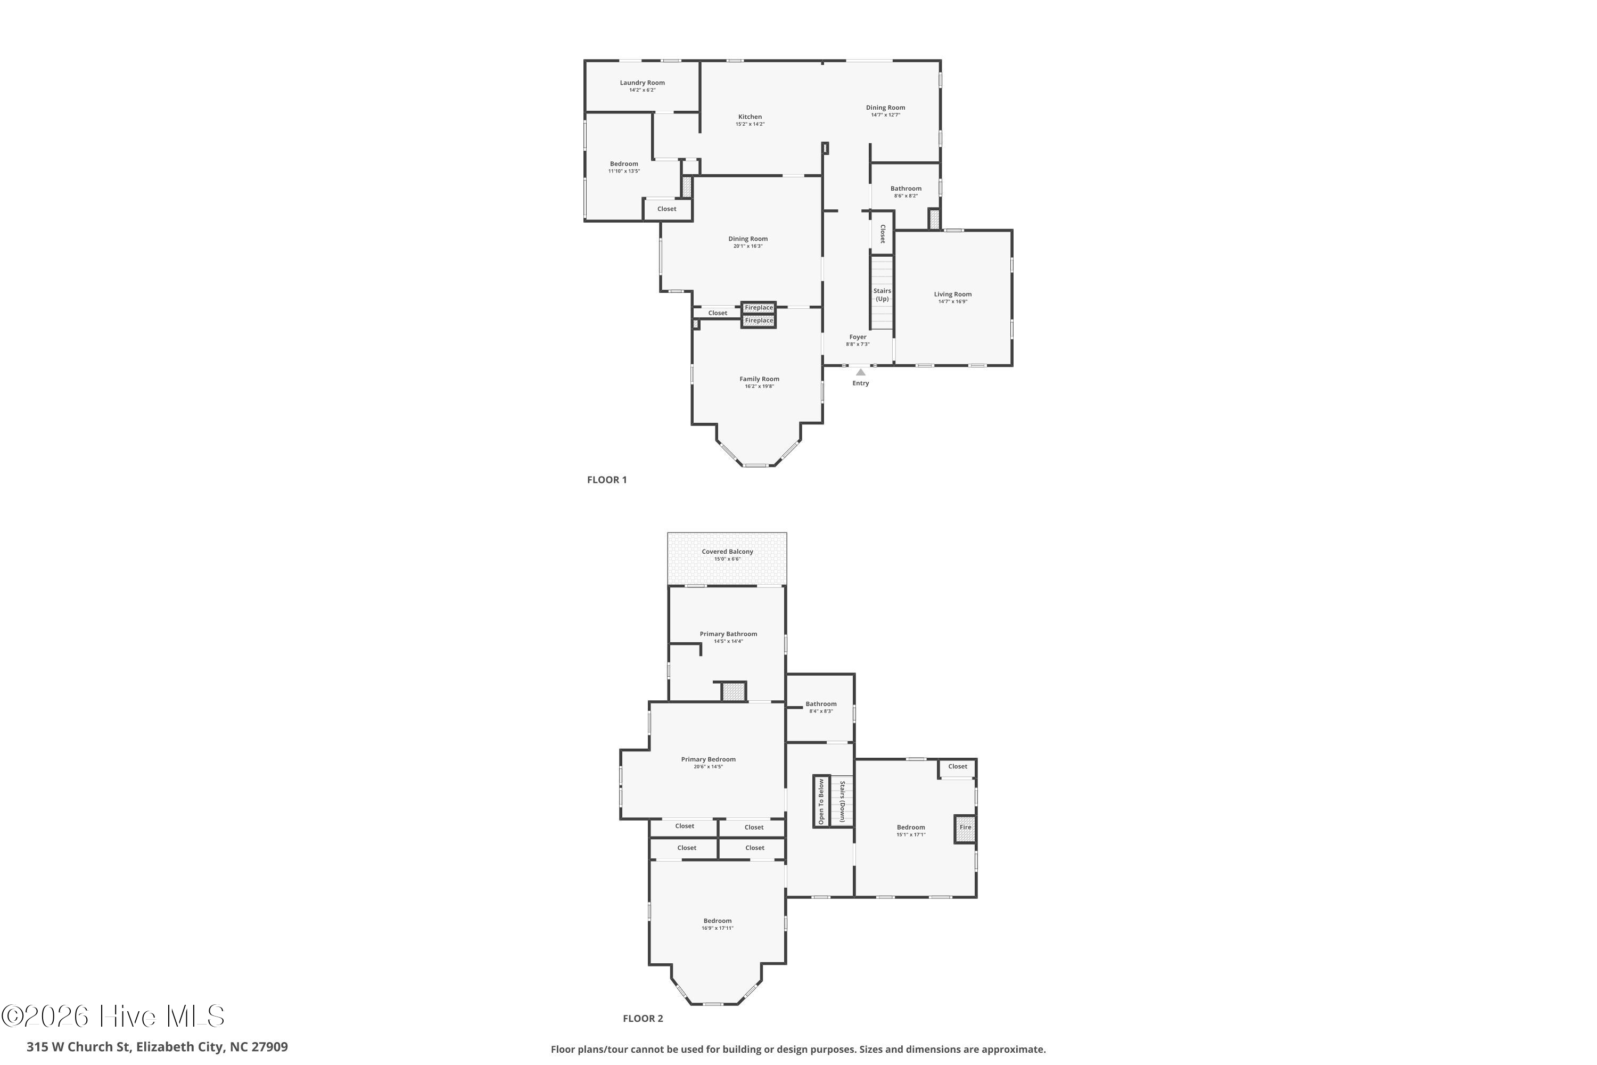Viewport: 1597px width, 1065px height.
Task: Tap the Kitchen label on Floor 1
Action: pos(750,117)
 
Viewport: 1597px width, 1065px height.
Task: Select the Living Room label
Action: pos(953,294)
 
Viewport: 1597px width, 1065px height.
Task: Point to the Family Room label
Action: pos(759,379)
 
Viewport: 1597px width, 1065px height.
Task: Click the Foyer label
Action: pos(858,337)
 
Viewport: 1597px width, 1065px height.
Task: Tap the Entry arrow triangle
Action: pos(860,372)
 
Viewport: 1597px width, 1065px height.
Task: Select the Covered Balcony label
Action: pos(727,552)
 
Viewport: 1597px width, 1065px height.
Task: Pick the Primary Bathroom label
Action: pos(729,634)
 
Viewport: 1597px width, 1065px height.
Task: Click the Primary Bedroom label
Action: pos(708,759)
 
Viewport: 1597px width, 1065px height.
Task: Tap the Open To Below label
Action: pos(821,801)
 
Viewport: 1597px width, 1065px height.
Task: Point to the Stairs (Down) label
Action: pos(842,801)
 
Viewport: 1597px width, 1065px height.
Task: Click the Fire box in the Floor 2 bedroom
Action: pos(965,829)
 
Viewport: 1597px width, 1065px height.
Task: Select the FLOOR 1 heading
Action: pos(607,480)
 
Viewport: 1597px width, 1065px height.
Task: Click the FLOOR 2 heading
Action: pos(643,1037)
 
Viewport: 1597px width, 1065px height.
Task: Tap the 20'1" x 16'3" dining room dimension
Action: pos(747,246)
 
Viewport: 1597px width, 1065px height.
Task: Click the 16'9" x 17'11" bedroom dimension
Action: pos(717,928)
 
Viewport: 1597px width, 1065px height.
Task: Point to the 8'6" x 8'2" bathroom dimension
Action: pos(906,195)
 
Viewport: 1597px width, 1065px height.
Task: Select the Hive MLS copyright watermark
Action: pos(113,1016)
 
